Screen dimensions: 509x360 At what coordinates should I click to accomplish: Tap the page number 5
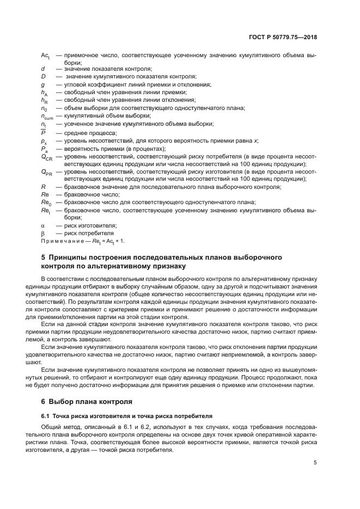pyautogui.click(x=315, y=463)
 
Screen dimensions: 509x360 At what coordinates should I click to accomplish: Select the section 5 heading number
pyautogui.click(x=44, y=256)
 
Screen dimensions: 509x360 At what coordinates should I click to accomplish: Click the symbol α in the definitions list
pyautogui.click(x=43, y=225)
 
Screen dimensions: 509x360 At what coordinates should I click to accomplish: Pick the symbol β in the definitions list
pyautogui.click(x=43, y=233)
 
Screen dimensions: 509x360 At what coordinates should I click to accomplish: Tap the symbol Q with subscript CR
pyautogui.click(x=46, y=157)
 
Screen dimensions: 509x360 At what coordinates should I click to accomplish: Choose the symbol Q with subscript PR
pyautogui.click(x=46, y=172)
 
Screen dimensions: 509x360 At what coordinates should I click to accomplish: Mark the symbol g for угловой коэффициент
pyautogui.click(x=42, y=84)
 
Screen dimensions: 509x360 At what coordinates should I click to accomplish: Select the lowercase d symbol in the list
pyautogui.click(x=42, y=69)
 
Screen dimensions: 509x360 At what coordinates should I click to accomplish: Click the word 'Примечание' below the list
pyautogui.click(x=62, y=241)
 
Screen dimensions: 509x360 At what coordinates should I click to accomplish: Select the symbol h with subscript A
pyautogui.click(x=44, y=93)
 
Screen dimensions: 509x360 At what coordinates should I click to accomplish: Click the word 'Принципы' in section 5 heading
pyautogui.click(x=71, y=256)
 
